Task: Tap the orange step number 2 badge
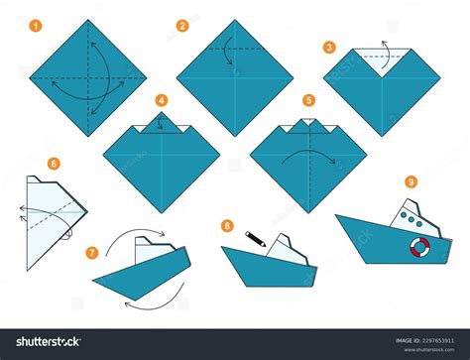(x=182, y=25)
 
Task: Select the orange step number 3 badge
(x=329, y=46)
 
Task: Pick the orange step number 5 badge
(x=308, y=100)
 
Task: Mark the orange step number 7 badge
(x=92, y=253)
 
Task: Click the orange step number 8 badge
(x=228, y=226)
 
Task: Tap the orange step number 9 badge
(x=410, y=181)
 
